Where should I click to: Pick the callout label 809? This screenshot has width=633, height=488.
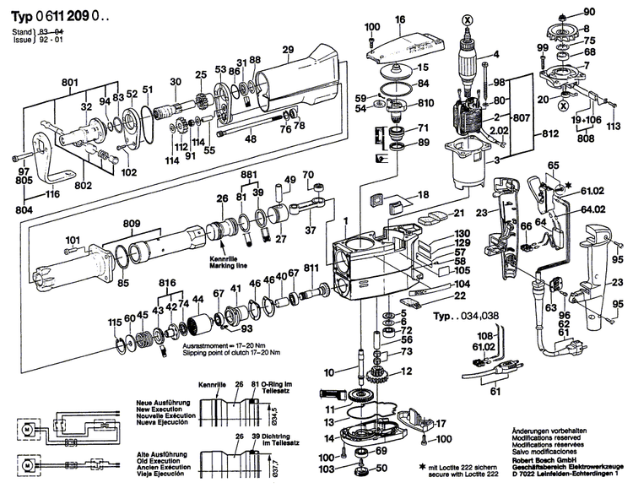132,225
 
